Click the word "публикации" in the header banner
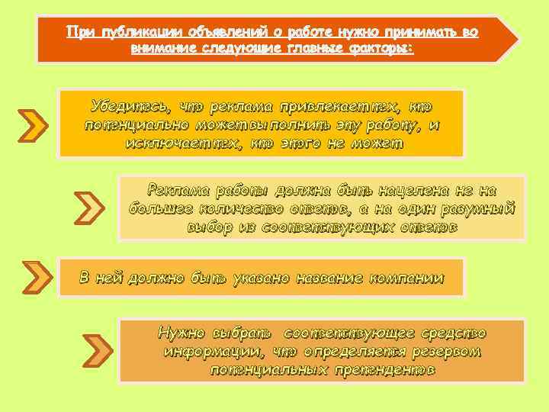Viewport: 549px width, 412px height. coord(127,32)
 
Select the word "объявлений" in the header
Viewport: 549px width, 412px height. coord(215,32)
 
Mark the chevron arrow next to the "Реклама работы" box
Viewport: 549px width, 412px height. coord(90,208)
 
